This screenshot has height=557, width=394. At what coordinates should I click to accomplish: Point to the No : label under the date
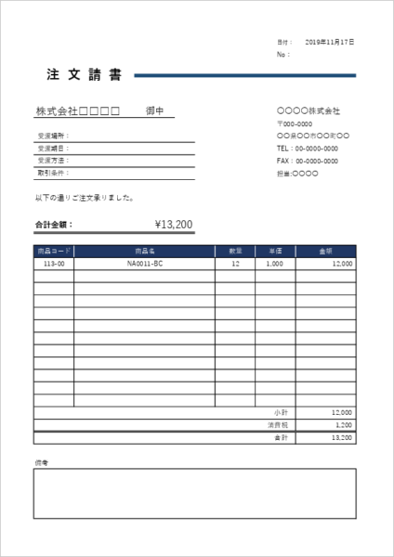tap(282, 55)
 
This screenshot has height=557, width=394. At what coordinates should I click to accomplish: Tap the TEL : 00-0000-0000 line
tap(307, 149)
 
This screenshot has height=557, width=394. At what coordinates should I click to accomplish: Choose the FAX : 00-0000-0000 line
tap(307, 161)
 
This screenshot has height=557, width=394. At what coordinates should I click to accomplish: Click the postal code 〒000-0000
tap(295, 123)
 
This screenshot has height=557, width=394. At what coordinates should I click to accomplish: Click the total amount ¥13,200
tap(174, 224)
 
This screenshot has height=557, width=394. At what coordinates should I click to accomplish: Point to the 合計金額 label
tap(53, 224)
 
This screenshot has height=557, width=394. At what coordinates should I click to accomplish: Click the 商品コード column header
tap(54, 251)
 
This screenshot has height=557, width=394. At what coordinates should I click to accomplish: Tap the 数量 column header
tap(235, 251)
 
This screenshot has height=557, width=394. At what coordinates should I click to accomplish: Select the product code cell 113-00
tap(54, 264)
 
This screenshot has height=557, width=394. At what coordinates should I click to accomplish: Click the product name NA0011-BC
tap(145, 264)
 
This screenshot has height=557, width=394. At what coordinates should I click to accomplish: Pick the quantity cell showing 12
tap(235, 264)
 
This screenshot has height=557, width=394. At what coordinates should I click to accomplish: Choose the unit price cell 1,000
tap(274, 264)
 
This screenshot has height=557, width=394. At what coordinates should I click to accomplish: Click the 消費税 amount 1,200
tap(341, 424)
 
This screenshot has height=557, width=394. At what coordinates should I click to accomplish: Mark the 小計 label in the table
tap(282, 411)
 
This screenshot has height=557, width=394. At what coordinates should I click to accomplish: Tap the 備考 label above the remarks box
tap(41, 462)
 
